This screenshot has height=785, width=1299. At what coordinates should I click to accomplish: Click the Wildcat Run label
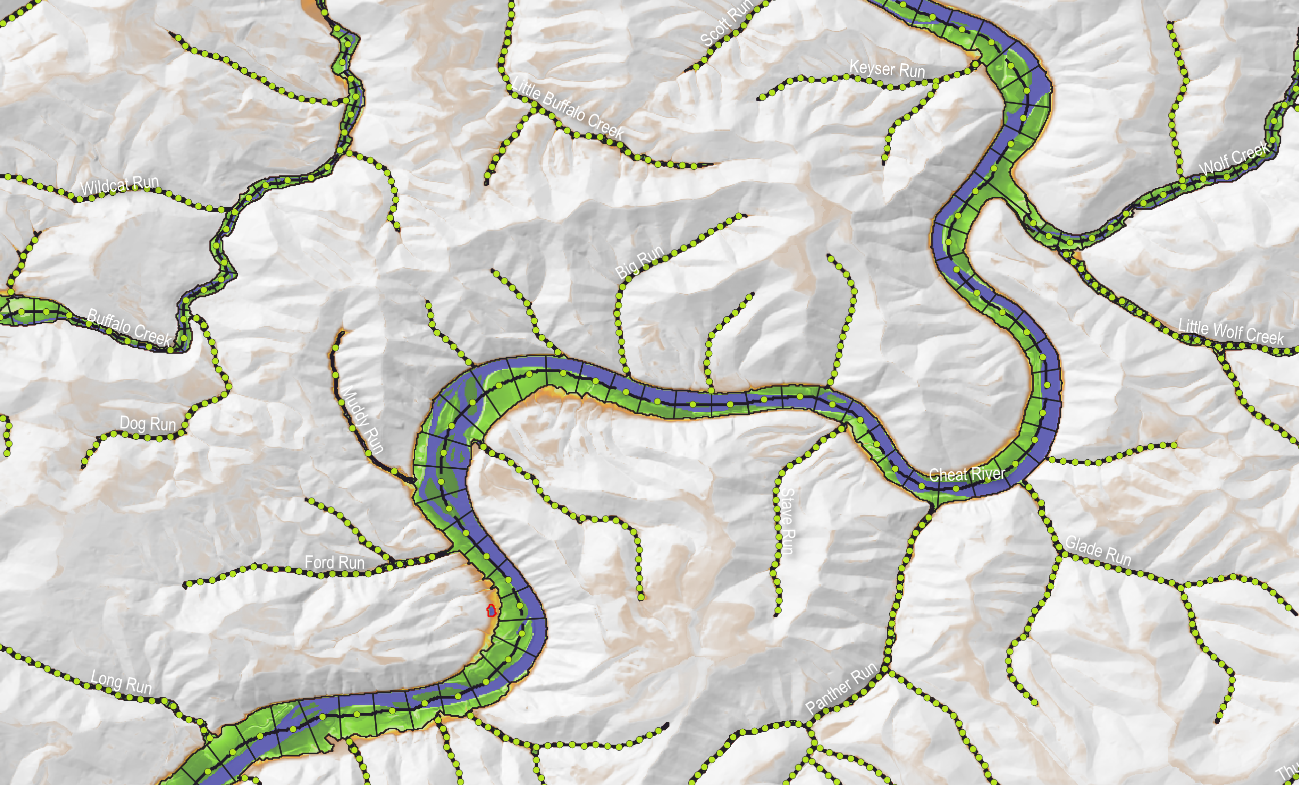[120, 185]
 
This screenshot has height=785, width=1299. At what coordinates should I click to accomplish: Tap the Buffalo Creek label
[129, 327]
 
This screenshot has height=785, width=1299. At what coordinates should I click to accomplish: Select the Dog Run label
[148, 423]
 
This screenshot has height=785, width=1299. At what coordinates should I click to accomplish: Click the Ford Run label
[334, 563]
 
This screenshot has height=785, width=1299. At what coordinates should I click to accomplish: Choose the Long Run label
[121, 682]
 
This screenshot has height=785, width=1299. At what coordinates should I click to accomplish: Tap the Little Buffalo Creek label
[568, 109]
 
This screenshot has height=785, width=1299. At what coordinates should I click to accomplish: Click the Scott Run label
[726, 23]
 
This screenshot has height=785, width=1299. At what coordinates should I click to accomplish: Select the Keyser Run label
[887, 69]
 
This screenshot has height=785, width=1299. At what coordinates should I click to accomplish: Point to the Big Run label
[639, 262]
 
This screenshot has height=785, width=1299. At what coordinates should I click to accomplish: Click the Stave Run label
[787, 521]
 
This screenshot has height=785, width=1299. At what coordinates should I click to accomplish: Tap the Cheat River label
[967, 474]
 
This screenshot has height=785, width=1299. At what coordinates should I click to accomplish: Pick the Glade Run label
[1098, 550]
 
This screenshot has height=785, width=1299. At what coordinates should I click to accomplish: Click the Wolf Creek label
[1234, 158]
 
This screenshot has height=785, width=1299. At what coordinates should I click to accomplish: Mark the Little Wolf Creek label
[1231, 331]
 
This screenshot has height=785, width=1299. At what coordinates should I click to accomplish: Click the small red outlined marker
[491, 611]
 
